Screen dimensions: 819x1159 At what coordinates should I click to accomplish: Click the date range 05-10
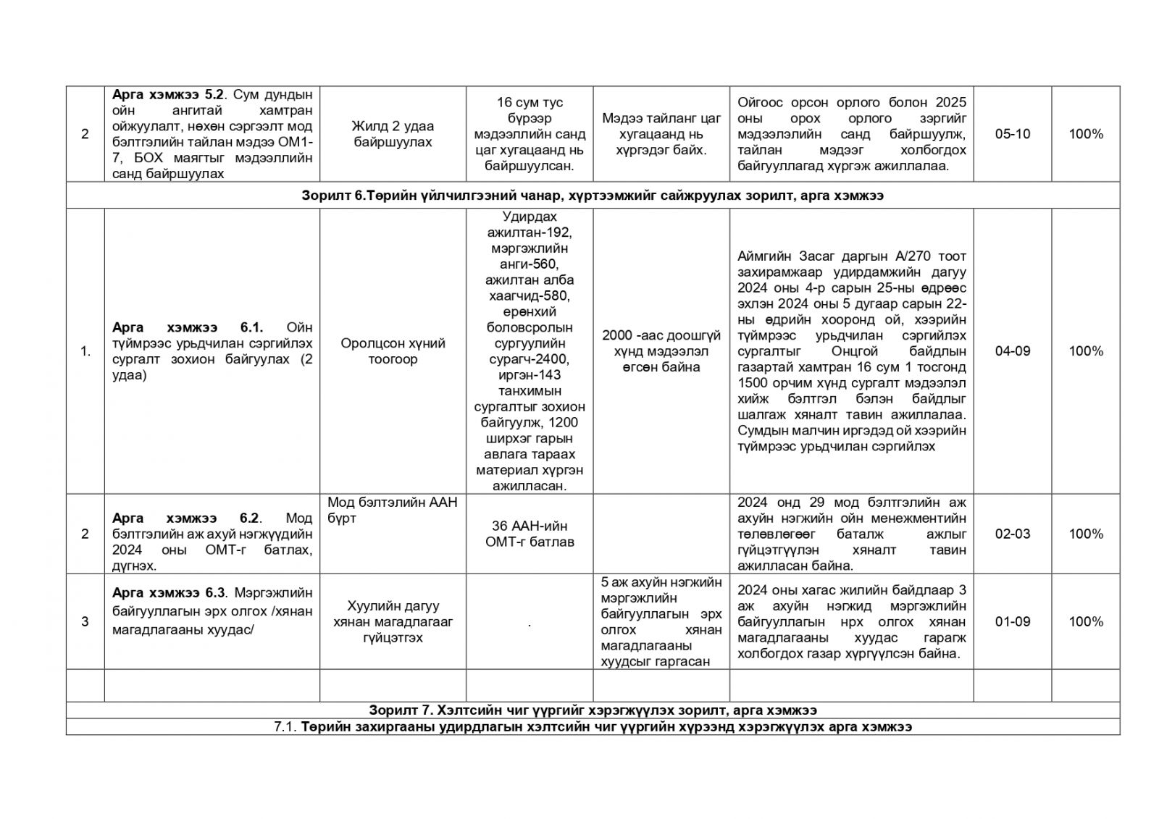click(x=1012, y=134)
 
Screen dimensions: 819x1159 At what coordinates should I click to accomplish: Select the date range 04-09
click(x=1012, y=351)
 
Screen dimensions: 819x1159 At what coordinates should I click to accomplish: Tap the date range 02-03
click(x=1012, y=534)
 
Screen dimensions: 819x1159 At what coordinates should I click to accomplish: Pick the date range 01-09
click(x=1012, y=621)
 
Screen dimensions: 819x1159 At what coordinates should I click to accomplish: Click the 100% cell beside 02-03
click(x=1085, y=534)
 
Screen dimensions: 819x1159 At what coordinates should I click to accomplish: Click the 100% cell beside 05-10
click(x=1085, y=134)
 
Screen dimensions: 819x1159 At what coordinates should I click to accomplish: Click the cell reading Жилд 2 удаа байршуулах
click(x=393, y=134)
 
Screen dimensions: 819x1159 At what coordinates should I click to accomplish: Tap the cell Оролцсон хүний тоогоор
click(x=393, y=351)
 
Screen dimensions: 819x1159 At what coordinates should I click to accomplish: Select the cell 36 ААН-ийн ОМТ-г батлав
click(x=530, y=534)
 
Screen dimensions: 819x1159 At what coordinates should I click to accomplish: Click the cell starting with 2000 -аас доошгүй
click(x=661, y=351)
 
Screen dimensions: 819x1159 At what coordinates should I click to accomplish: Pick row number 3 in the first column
click(x=85, y=621)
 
